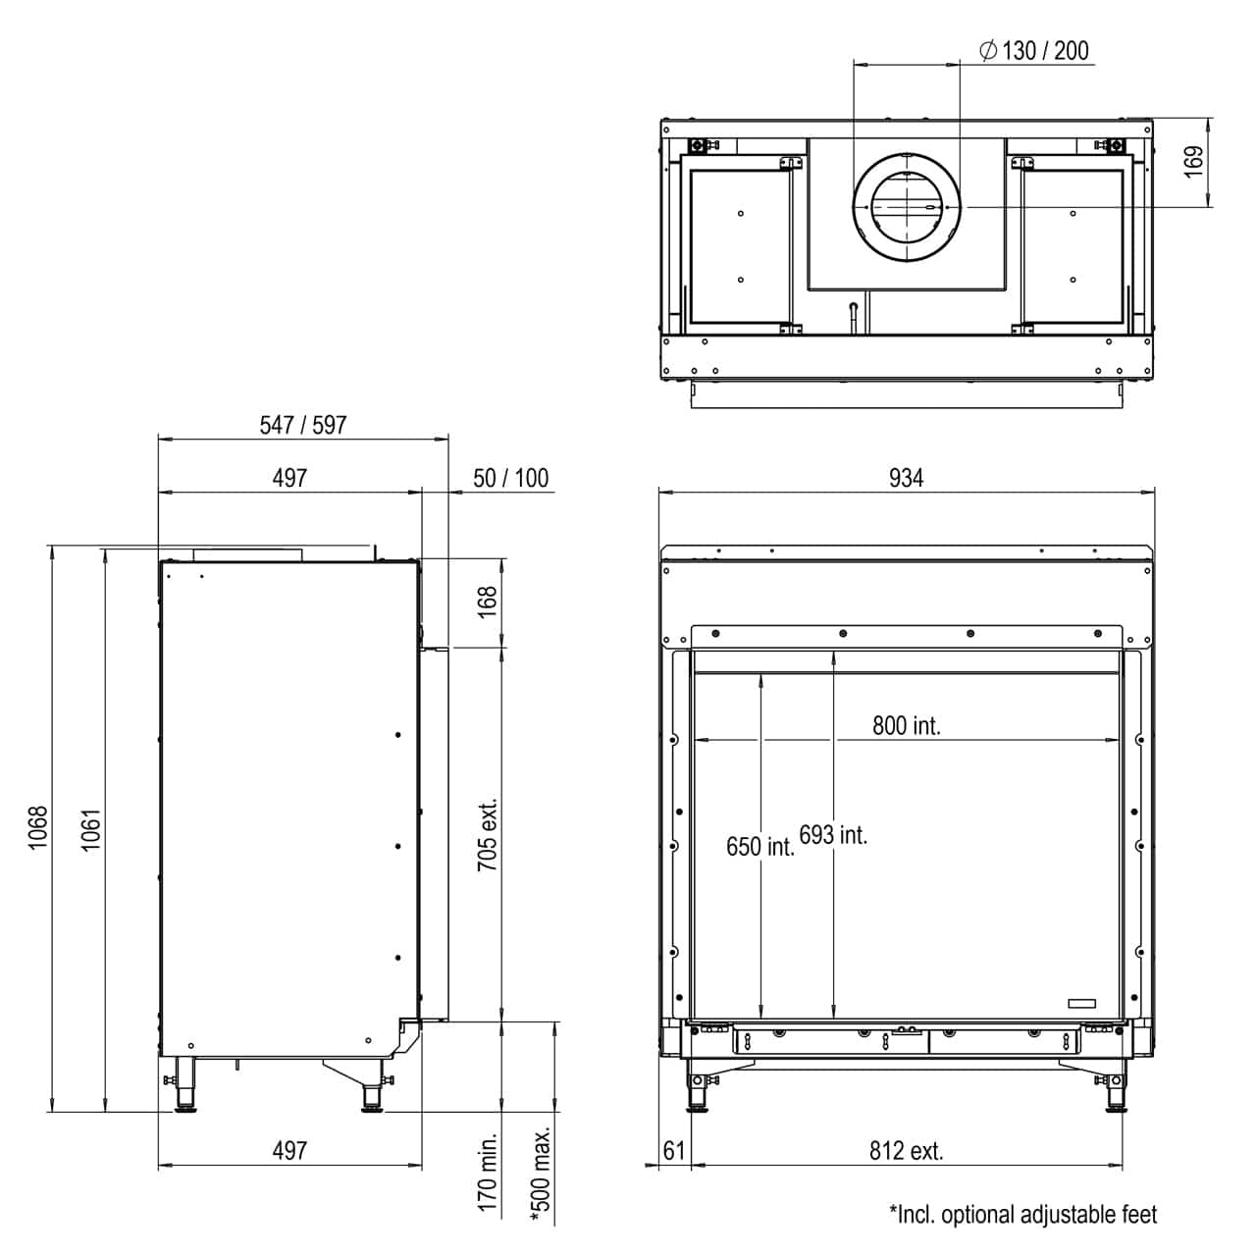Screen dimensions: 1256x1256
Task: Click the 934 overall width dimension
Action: (x=906, y=479)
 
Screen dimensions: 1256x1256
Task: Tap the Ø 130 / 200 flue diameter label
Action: (x=1034, y=51)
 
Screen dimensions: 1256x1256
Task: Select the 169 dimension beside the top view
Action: (x=1193, y=162)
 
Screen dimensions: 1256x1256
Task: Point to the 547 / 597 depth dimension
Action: (x=302, y=425)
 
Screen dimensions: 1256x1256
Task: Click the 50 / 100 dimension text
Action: (x=510, y=479)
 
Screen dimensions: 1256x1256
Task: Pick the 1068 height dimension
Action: (x=38, y=828)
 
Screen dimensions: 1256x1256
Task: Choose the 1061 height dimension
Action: (x=90, y=829)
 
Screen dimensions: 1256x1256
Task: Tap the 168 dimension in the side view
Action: (x=487, y=602)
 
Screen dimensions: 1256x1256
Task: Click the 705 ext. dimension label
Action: (x=487, y=834)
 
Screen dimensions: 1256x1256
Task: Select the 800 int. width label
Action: (x=906, y=725)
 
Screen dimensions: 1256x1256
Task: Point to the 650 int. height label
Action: (x=760, y=847)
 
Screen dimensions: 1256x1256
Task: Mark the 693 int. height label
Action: (x=833, y=835)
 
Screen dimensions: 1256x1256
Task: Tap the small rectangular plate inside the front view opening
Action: (x=1081, y=1003)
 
